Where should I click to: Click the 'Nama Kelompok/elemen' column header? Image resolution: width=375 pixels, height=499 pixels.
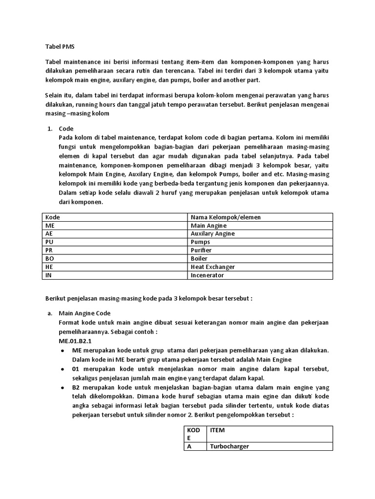(226, 217)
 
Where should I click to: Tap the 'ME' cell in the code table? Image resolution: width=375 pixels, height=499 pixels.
(50, 225)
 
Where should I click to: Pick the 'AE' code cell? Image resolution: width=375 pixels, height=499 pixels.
(49, 233)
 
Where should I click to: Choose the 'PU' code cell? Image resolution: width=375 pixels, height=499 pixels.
(49, 242)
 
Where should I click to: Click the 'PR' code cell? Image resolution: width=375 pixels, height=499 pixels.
(49, 250)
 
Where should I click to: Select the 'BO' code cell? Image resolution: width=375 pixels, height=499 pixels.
(50, 258)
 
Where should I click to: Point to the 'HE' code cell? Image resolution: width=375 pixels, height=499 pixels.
(49, 267)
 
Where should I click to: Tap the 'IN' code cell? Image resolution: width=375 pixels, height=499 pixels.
(49, 275)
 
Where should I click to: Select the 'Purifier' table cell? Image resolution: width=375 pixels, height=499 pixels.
(201, 250)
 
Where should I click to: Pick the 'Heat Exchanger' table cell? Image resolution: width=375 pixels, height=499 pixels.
(212, 267)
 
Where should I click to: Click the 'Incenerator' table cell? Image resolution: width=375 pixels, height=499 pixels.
(207, 275)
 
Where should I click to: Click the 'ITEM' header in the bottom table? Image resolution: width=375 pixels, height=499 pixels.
(217, 430)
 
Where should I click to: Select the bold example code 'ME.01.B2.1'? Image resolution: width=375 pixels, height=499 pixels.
(75, 341)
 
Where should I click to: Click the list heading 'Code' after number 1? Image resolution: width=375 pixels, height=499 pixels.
(66, 129)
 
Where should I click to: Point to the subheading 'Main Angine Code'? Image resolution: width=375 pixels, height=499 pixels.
(85, 313)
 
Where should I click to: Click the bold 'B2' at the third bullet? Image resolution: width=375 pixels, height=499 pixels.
(77, 387)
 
